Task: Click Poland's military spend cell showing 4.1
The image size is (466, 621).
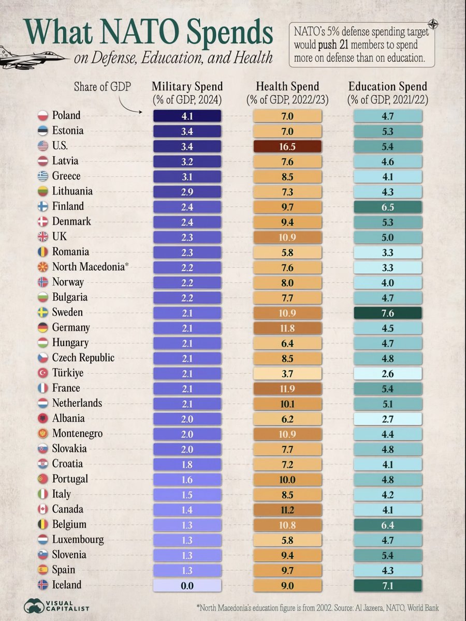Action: tap(187, 116)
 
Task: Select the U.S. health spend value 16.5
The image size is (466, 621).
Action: tap(287, 146)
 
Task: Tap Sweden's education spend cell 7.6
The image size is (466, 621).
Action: tap(388, 313)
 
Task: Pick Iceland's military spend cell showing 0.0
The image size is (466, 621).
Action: tap(187, 585)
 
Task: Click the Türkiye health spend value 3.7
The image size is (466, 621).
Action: tap(287, 374)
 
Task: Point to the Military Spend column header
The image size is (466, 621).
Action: tap(187, 86)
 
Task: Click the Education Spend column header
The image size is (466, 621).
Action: tap(388, 86)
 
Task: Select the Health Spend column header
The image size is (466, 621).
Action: tap(287, 86)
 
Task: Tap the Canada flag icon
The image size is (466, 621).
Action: tap(43, 510)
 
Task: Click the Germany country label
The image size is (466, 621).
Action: tap(71, 328)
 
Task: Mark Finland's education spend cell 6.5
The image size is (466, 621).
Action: tap(388, 207)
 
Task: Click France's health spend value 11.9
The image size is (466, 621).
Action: tap(287, 389)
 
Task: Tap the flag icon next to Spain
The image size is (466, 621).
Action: tap(43, 570)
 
